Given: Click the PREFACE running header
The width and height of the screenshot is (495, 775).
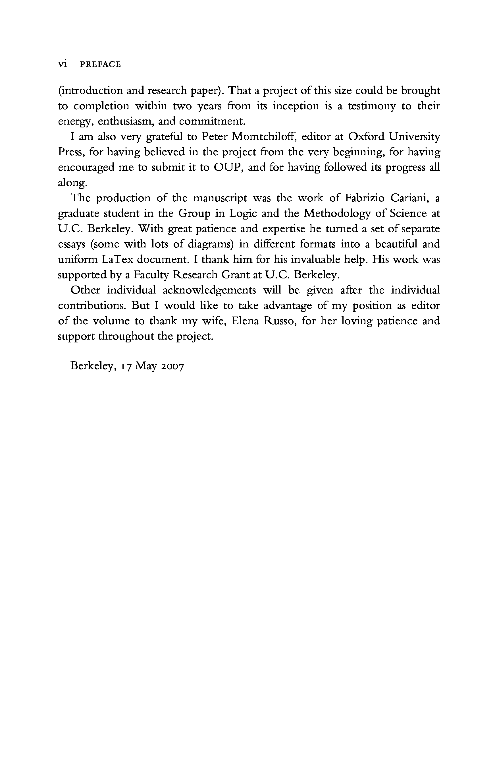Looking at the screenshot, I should point(100,64).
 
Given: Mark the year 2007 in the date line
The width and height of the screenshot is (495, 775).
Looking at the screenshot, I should point(172,366).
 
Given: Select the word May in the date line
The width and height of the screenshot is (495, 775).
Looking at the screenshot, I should point(146,366).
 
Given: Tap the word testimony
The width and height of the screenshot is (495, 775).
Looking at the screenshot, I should point(372,106).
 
